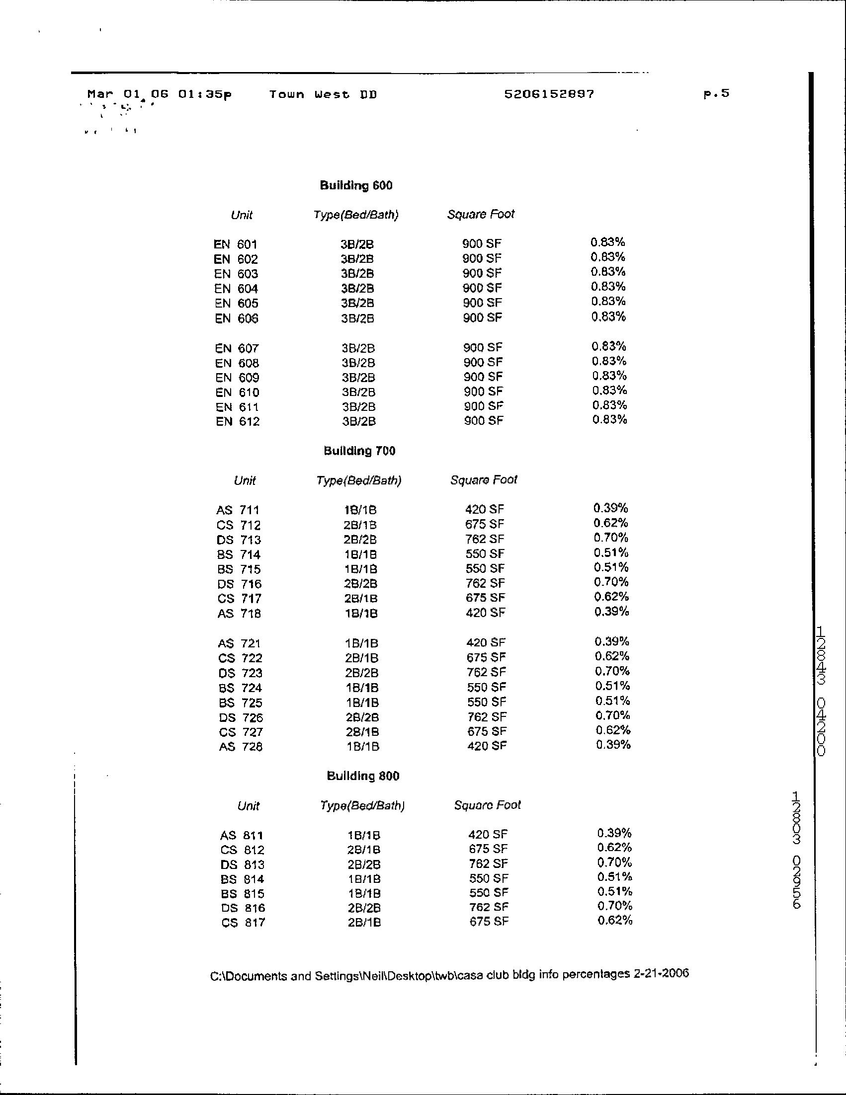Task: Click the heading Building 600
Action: click(x=356, y=185)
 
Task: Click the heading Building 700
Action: click(x=359, y=451)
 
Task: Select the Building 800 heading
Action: click(x=363, y=776)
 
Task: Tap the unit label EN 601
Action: click(x=235, y=244)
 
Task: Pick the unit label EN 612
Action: click(x=238, y=421)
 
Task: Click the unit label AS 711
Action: click(x=238, y=510)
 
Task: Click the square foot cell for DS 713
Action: click(x=485, y=539)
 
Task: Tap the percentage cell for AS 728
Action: click(x=613, y=745)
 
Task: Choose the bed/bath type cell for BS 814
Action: click(x=364, y=879)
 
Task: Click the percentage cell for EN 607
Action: click(x=609, y=346)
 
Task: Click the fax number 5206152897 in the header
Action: click(x=549, y=94)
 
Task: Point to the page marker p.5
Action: click(x=716, y=93)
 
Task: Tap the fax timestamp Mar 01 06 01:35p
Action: click(x=160, y=94)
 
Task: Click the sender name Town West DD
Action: click(x=323, y=94)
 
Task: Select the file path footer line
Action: click(x=449, y=975)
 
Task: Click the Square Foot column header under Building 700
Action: click(x=484, y=480)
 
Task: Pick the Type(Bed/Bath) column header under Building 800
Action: click(x=362, y=806)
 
